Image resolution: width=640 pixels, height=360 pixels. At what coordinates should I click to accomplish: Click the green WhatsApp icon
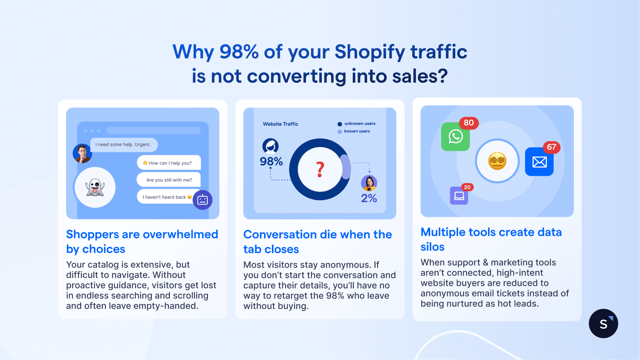pos(455,137)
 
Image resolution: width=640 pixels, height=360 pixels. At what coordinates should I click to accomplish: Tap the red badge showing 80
pos(469,123)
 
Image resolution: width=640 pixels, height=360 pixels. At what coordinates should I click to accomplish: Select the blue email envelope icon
pos(539,162)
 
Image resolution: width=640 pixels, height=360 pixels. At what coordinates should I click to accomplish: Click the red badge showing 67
pos(551,147)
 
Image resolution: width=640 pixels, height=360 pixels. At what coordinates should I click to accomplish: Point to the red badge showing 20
pos(467,187)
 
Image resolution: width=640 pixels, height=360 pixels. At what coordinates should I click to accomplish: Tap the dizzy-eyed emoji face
pos(497,161)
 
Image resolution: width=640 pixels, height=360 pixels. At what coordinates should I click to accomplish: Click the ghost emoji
pos(95,188)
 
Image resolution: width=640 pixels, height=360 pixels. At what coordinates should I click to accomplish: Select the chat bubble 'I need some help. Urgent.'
pos(124,145)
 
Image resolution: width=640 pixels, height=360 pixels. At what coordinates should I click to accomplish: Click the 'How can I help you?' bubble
pos(169,163)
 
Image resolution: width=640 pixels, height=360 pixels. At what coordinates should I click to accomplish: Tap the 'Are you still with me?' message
pos(169,180)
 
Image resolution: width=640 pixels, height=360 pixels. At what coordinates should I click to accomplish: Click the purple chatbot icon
pos(203,200)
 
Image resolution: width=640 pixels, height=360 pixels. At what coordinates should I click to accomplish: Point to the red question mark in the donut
pos(320,170)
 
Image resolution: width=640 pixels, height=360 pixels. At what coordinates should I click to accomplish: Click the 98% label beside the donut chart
pos(271,161)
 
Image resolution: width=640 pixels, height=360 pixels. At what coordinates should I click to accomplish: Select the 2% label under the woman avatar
pos(369,198)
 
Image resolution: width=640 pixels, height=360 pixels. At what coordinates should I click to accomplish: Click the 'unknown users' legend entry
pos(356,124)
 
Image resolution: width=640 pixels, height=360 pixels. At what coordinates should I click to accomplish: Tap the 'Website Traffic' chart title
pos(281,124)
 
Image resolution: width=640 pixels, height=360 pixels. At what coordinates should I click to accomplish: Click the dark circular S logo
pos(603,324)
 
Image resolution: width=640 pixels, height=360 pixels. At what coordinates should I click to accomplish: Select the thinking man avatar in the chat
pos(82,153)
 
